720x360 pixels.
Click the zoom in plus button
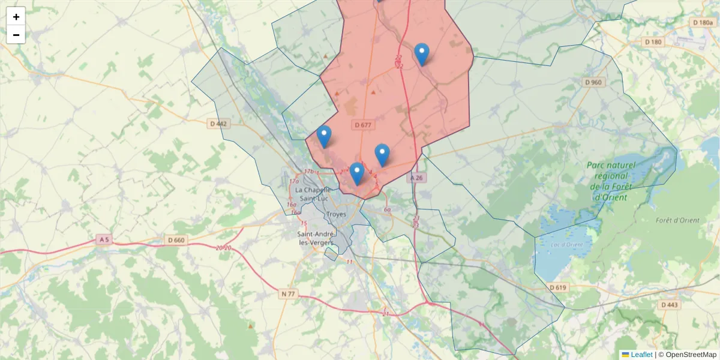click(16, 16)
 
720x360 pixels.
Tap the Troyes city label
click(335, 214)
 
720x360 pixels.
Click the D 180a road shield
click(703, 23)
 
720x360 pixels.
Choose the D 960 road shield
click(592, 82)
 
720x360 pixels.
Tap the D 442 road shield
click(220, 124)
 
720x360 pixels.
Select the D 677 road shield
click(363, 125)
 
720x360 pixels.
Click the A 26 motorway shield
click(418, 178)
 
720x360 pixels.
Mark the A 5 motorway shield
click(104, 240)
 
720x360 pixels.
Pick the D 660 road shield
click(176, 240)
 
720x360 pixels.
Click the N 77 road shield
click(288, 294)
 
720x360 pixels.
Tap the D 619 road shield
click(557, 287)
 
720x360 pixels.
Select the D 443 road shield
click(670, 305)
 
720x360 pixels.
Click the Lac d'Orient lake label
click(567, 244)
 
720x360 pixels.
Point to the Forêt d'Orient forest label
click(677, 220)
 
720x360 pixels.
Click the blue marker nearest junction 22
click(422, 54)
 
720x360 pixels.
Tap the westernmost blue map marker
click(324, 136)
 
